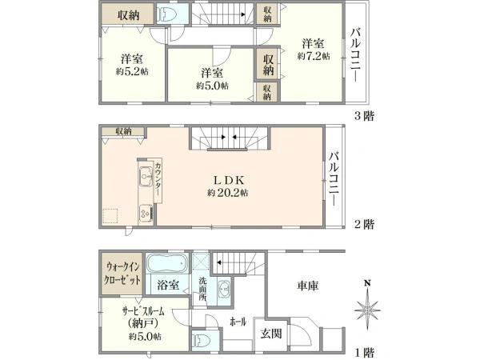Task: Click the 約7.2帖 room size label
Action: [x=314, y=56]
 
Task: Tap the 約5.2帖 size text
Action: [x=132, y=72]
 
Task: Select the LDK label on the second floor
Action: [x=228, y=180]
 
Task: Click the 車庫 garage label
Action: [x=308, y=286]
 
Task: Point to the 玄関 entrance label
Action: [x=271, y=334]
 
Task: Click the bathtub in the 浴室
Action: [x=166, y=263]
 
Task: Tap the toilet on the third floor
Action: [x=166, y=14]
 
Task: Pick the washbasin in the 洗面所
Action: [x=224, y=288]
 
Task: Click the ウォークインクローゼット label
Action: [x=122, y=274]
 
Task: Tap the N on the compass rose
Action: [x=367, y=283]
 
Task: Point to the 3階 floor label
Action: [x=364, y=116]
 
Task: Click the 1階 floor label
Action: [x=364, y=352]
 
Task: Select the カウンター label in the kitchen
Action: [x=158, y=180]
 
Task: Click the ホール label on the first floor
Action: [x=238, y=322]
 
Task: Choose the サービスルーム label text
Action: [x=143, y=311]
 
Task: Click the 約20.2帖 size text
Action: [x=228, y=193]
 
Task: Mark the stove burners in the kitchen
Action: [x=146, y=213]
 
